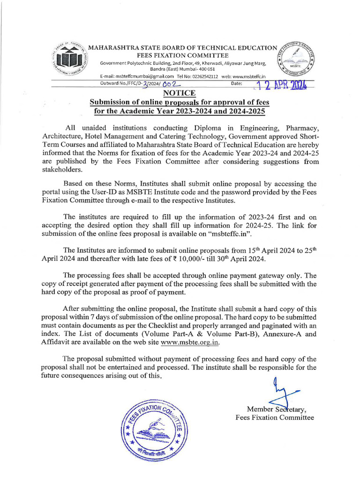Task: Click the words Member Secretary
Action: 276,409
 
